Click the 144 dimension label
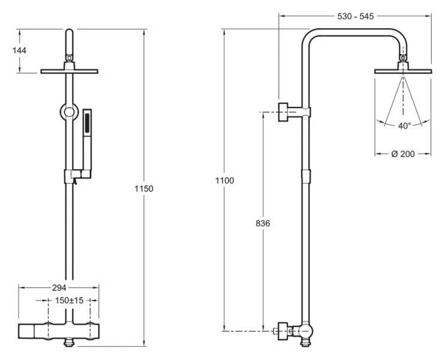pos(19,50)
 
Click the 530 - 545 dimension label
pos(354,16)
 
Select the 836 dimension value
pos(263,223)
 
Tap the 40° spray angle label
pos(404,126)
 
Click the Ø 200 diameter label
pos(403,154)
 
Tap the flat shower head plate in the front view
pos(70,71)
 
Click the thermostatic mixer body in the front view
pos(59,330)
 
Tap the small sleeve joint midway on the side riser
pos(306,176)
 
